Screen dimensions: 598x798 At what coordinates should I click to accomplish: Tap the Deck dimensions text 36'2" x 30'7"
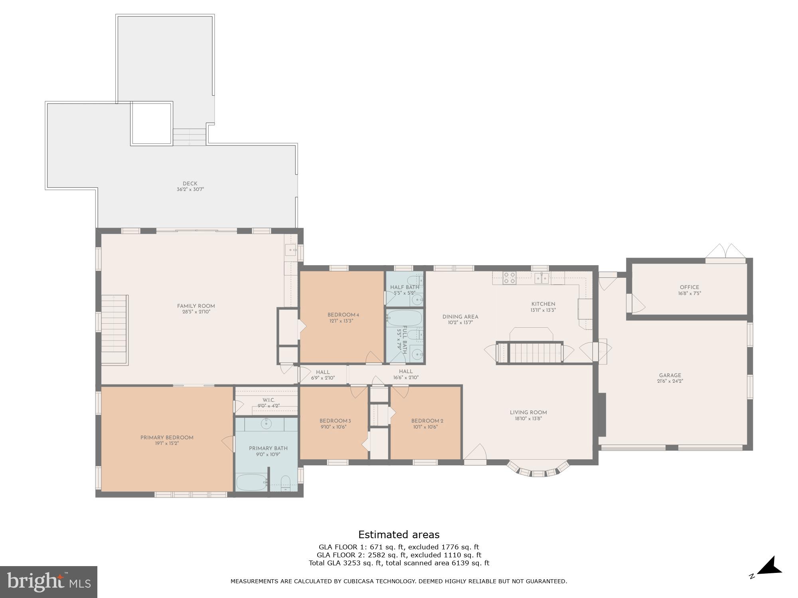(190, 190)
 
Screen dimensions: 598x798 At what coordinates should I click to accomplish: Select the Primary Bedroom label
(167, 437)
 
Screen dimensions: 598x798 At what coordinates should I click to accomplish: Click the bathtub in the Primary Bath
(251, 482)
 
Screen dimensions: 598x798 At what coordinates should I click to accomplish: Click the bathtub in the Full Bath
(405, 319)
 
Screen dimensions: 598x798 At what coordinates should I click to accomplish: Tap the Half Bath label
(405, 287)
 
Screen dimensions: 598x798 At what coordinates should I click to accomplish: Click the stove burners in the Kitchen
(510, 278)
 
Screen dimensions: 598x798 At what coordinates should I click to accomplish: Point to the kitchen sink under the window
(542, 277)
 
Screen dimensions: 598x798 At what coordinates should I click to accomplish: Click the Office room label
(689, 287)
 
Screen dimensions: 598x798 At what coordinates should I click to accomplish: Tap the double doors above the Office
(725, 252)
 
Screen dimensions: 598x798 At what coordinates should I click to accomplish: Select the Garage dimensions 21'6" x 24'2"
(670, 381)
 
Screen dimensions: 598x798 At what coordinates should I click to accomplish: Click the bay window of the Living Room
(538, 471)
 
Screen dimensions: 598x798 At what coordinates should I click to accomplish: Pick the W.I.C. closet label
(269, 400)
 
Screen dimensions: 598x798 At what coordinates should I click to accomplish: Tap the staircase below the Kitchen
(529, 352)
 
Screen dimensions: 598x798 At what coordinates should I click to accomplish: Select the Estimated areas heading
(399, 535)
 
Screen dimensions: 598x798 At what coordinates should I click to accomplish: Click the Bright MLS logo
(48, 582)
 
